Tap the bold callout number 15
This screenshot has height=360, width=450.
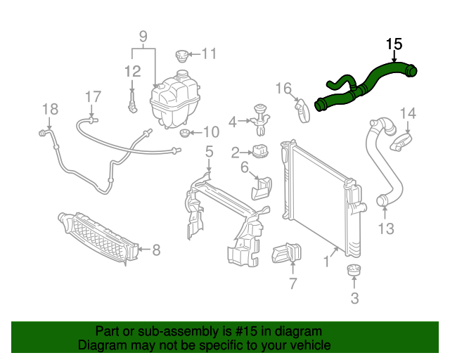pyautogui.click(x=394, y=44)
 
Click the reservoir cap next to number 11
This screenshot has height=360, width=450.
pyautogui.click(x=182, y=54)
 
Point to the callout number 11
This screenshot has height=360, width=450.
pyautogui.click(x=210, y=53)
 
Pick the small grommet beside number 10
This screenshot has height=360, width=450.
pyautogui.click(x=185, y=133)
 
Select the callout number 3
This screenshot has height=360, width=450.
pyautogui.click(x=354, y=298)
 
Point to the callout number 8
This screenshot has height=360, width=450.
pyautogui.click(x=155, y=249)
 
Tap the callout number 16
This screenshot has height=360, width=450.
pyautogui.click(x=283, y=89)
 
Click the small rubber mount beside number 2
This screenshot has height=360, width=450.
pyautogui.click(x=262, y=150)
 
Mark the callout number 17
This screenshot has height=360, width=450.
pyautogui.click(x=94, y=96)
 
